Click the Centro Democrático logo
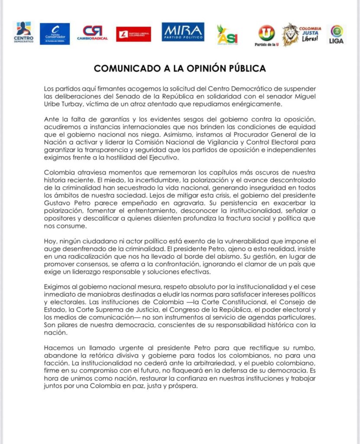coord(23,33)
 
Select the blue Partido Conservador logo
coord(55,34)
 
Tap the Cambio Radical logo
coord(92,33)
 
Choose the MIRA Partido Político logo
coord(183,33)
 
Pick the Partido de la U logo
coord(266,34)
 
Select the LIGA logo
coord(337,34)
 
